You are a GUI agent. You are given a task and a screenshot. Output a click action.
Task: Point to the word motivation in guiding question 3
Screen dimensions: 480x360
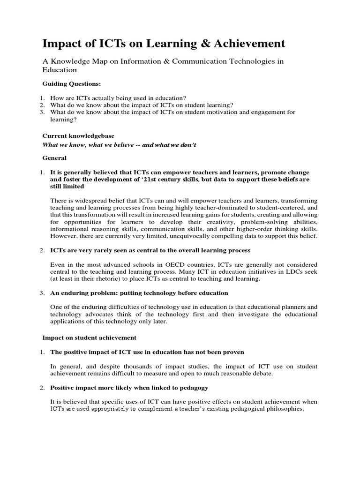tap(228, 112)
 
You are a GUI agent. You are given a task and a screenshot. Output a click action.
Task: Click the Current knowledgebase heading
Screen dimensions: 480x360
tap(78, 136)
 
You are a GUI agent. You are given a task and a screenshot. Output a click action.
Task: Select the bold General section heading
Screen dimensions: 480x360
tap(54, 158)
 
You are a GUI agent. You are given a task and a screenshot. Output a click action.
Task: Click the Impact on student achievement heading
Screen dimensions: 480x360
tap(89, 337)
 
